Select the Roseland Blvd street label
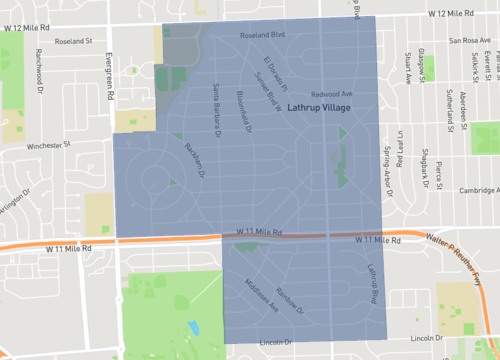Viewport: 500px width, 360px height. [263, 35]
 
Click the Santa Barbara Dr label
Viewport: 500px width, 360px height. [215, 104]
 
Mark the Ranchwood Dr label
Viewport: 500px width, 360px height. [39, 66]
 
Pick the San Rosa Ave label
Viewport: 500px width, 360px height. [470, 42]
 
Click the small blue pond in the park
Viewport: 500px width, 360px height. [192, 327]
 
